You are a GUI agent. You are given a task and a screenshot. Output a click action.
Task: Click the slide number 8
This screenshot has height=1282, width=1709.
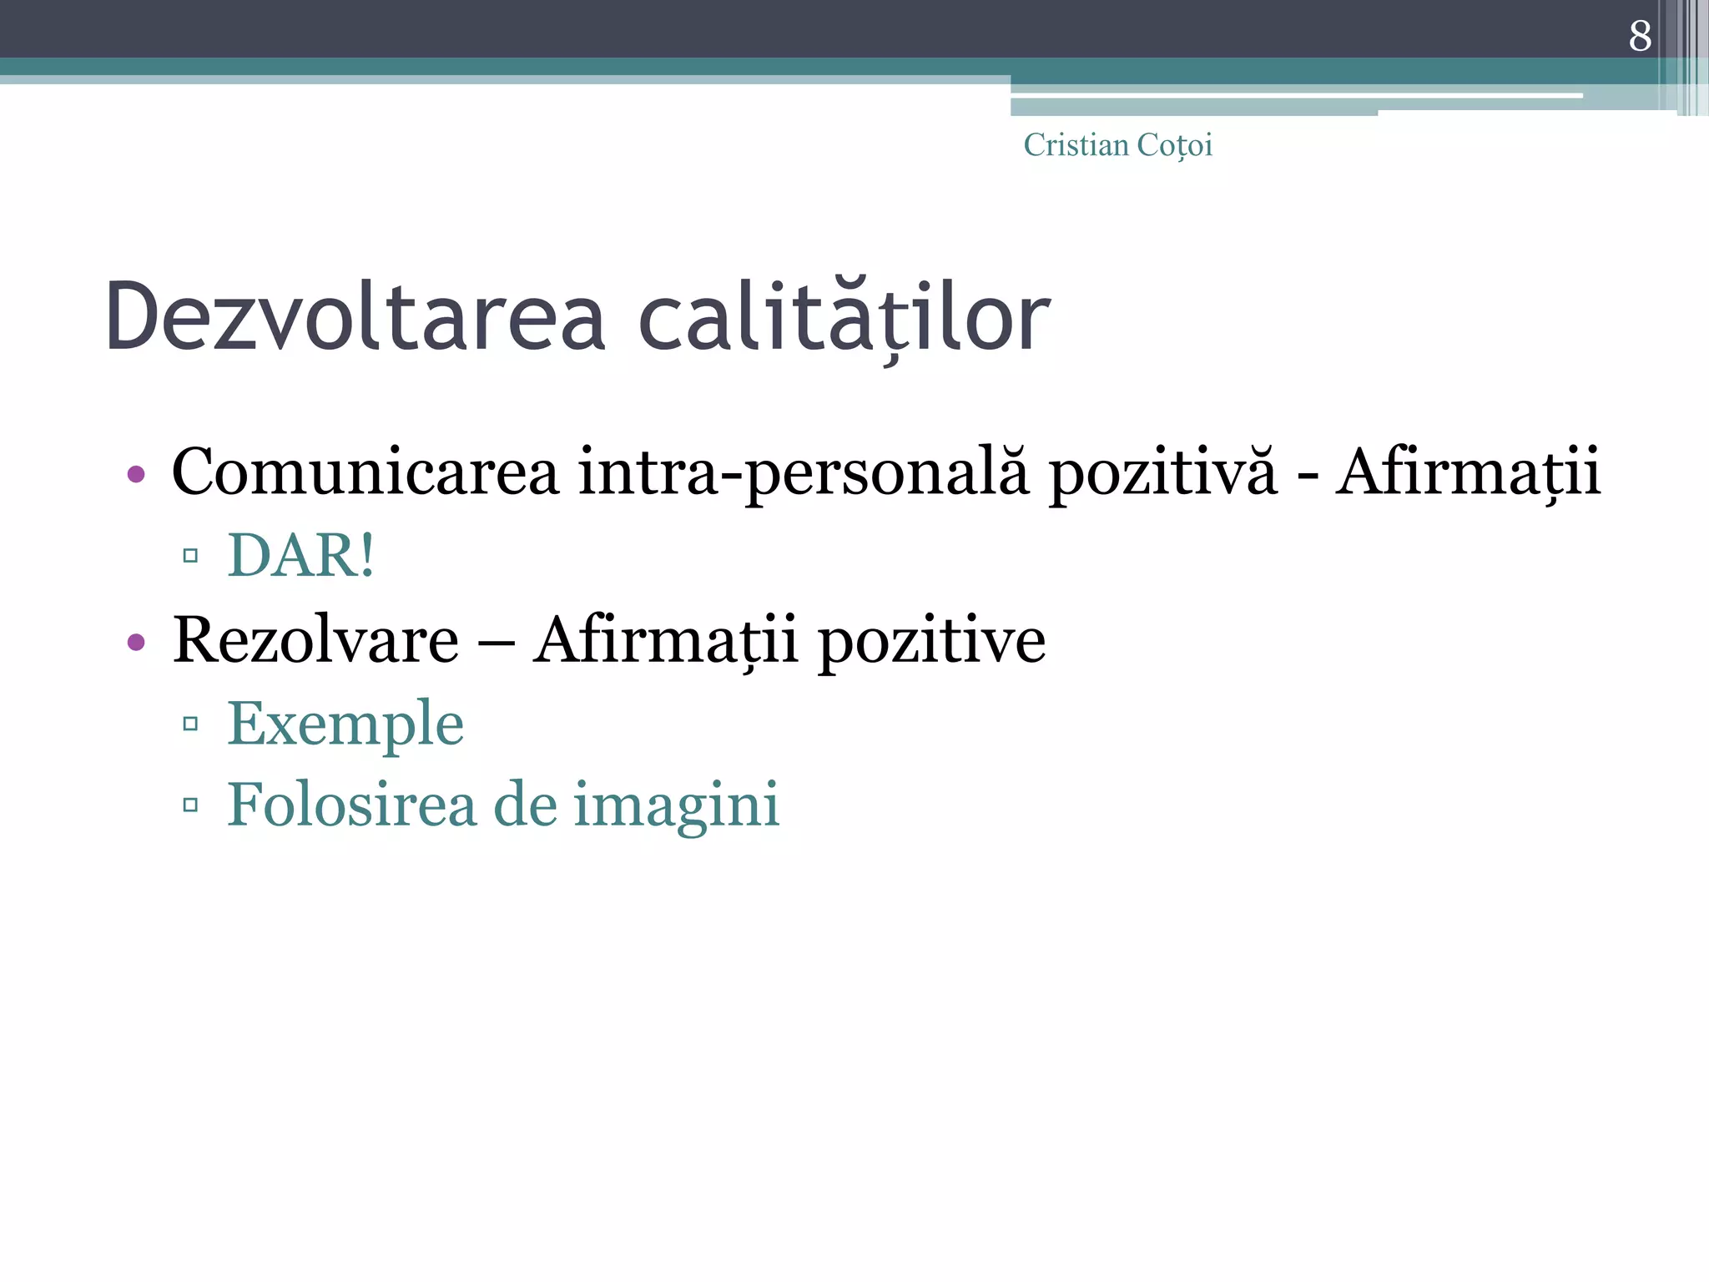pos(1639,36)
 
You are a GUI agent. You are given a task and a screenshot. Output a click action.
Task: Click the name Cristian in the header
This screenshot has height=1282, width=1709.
pos(1076,145)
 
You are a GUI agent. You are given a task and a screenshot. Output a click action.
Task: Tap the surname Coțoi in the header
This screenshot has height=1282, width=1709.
pos(1174,145)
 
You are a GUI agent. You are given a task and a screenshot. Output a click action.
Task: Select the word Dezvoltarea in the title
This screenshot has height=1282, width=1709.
pos(355,317)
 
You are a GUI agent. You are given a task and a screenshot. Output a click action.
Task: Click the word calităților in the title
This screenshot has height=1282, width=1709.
pos(844,317)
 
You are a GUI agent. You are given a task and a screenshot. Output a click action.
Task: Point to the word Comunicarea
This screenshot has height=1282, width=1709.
pos(365,472)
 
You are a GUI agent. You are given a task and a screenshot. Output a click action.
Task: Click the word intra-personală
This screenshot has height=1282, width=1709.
pos(804,472)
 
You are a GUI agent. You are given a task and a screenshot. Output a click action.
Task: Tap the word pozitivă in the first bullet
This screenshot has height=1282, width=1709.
pos(1162,472)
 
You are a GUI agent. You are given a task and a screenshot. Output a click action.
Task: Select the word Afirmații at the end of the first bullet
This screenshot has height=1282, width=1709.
pos(1468,472)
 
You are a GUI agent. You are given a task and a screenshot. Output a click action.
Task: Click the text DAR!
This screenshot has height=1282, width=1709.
pos(300,555)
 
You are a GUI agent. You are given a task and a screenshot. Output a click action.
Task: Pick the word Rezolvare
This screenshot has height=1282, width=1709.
pos(315,640)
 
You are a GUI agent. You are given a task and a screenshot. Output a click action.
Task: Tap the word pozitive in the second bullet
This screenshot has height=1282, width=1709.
pos(931,640)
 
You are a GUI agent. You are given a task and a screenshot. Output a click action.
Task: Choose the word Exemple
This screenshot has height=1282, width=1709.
pos(345,723)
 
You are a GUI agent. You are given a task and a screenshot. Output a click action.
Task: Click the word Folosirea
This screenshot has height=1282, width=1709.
pos(351,805)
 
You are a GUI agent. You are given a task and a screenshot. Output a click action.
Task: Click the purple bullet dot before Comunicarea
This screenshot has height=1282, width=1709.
pos(136,475)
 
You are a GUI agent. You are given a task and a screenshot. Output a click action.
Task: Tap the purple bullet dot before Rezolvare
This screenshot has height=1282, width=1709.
pos(136,642)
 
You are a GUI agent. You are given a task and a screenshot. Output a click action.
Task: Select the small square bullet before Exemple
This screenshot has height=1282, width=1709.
pos(190,724)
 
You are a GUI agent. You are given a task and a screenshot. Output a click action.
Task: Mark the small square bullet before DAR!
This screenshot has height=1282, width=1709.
pos(190,556)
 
